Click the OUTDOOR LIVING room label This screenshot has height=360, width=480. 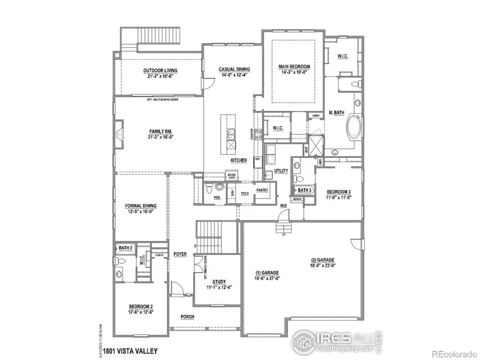[160, 70]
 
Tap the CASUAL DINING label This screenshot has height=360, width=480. [235, 69]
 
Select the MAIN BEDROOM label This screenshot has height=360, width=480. [294, 67]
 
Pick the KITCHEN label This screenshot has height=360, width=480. [238, 160]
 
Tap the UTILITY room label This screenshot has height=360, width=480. [281, 171]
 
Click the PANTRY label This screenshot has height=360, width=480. [262, 190]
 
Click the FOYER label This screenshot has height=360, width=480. [180, 254]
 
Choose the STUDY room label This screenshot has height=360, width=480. [219, 281]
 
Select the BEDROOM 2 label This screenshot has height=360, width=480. [141, 306]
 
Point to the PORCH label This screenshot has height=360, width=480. [187, 317]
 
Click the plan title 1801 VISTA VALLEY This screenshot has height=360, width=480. [131, 350]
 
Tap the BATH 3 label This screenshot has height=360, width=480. [305, 190]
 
